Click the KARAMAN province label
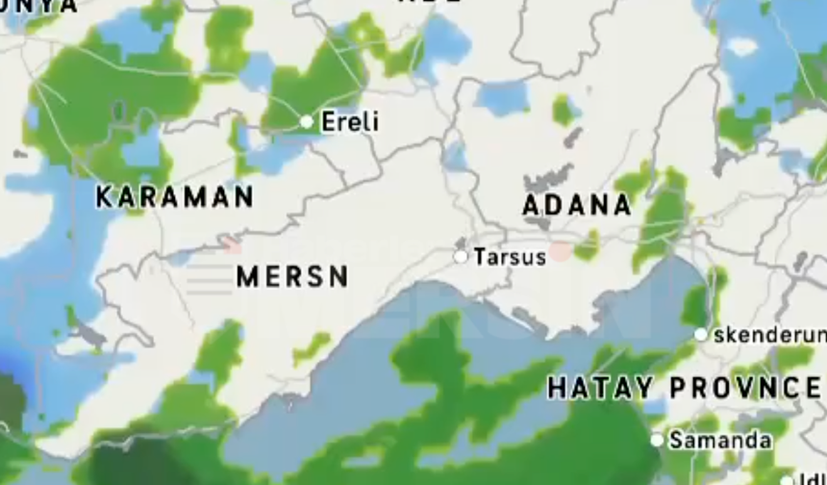click(x=174, y=197)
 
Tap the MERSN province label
click(x=292, y=277)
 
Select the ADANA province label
click(x=576, y=205)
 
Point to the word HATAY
click(x=600, y=388)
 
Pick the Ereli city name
click(x=350, y=122)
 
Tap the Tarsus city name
click(x=510, y=257)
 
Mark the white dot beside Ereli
click(x=307, y=121)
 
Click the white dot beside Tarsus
click(x=461, y=256)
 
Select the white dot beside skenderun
click(x=701, y=334)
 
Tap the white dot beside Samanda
click(x=657, y=440)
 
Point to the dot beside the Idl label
click(x=786, y=479)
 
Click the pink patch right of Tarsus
click(x=561, y=252)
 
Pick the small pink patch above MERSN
click(x=232, y=244)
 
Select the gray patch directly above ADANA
click(x=549, y=179)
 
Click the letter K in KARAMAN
click(x=103, y=197)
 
